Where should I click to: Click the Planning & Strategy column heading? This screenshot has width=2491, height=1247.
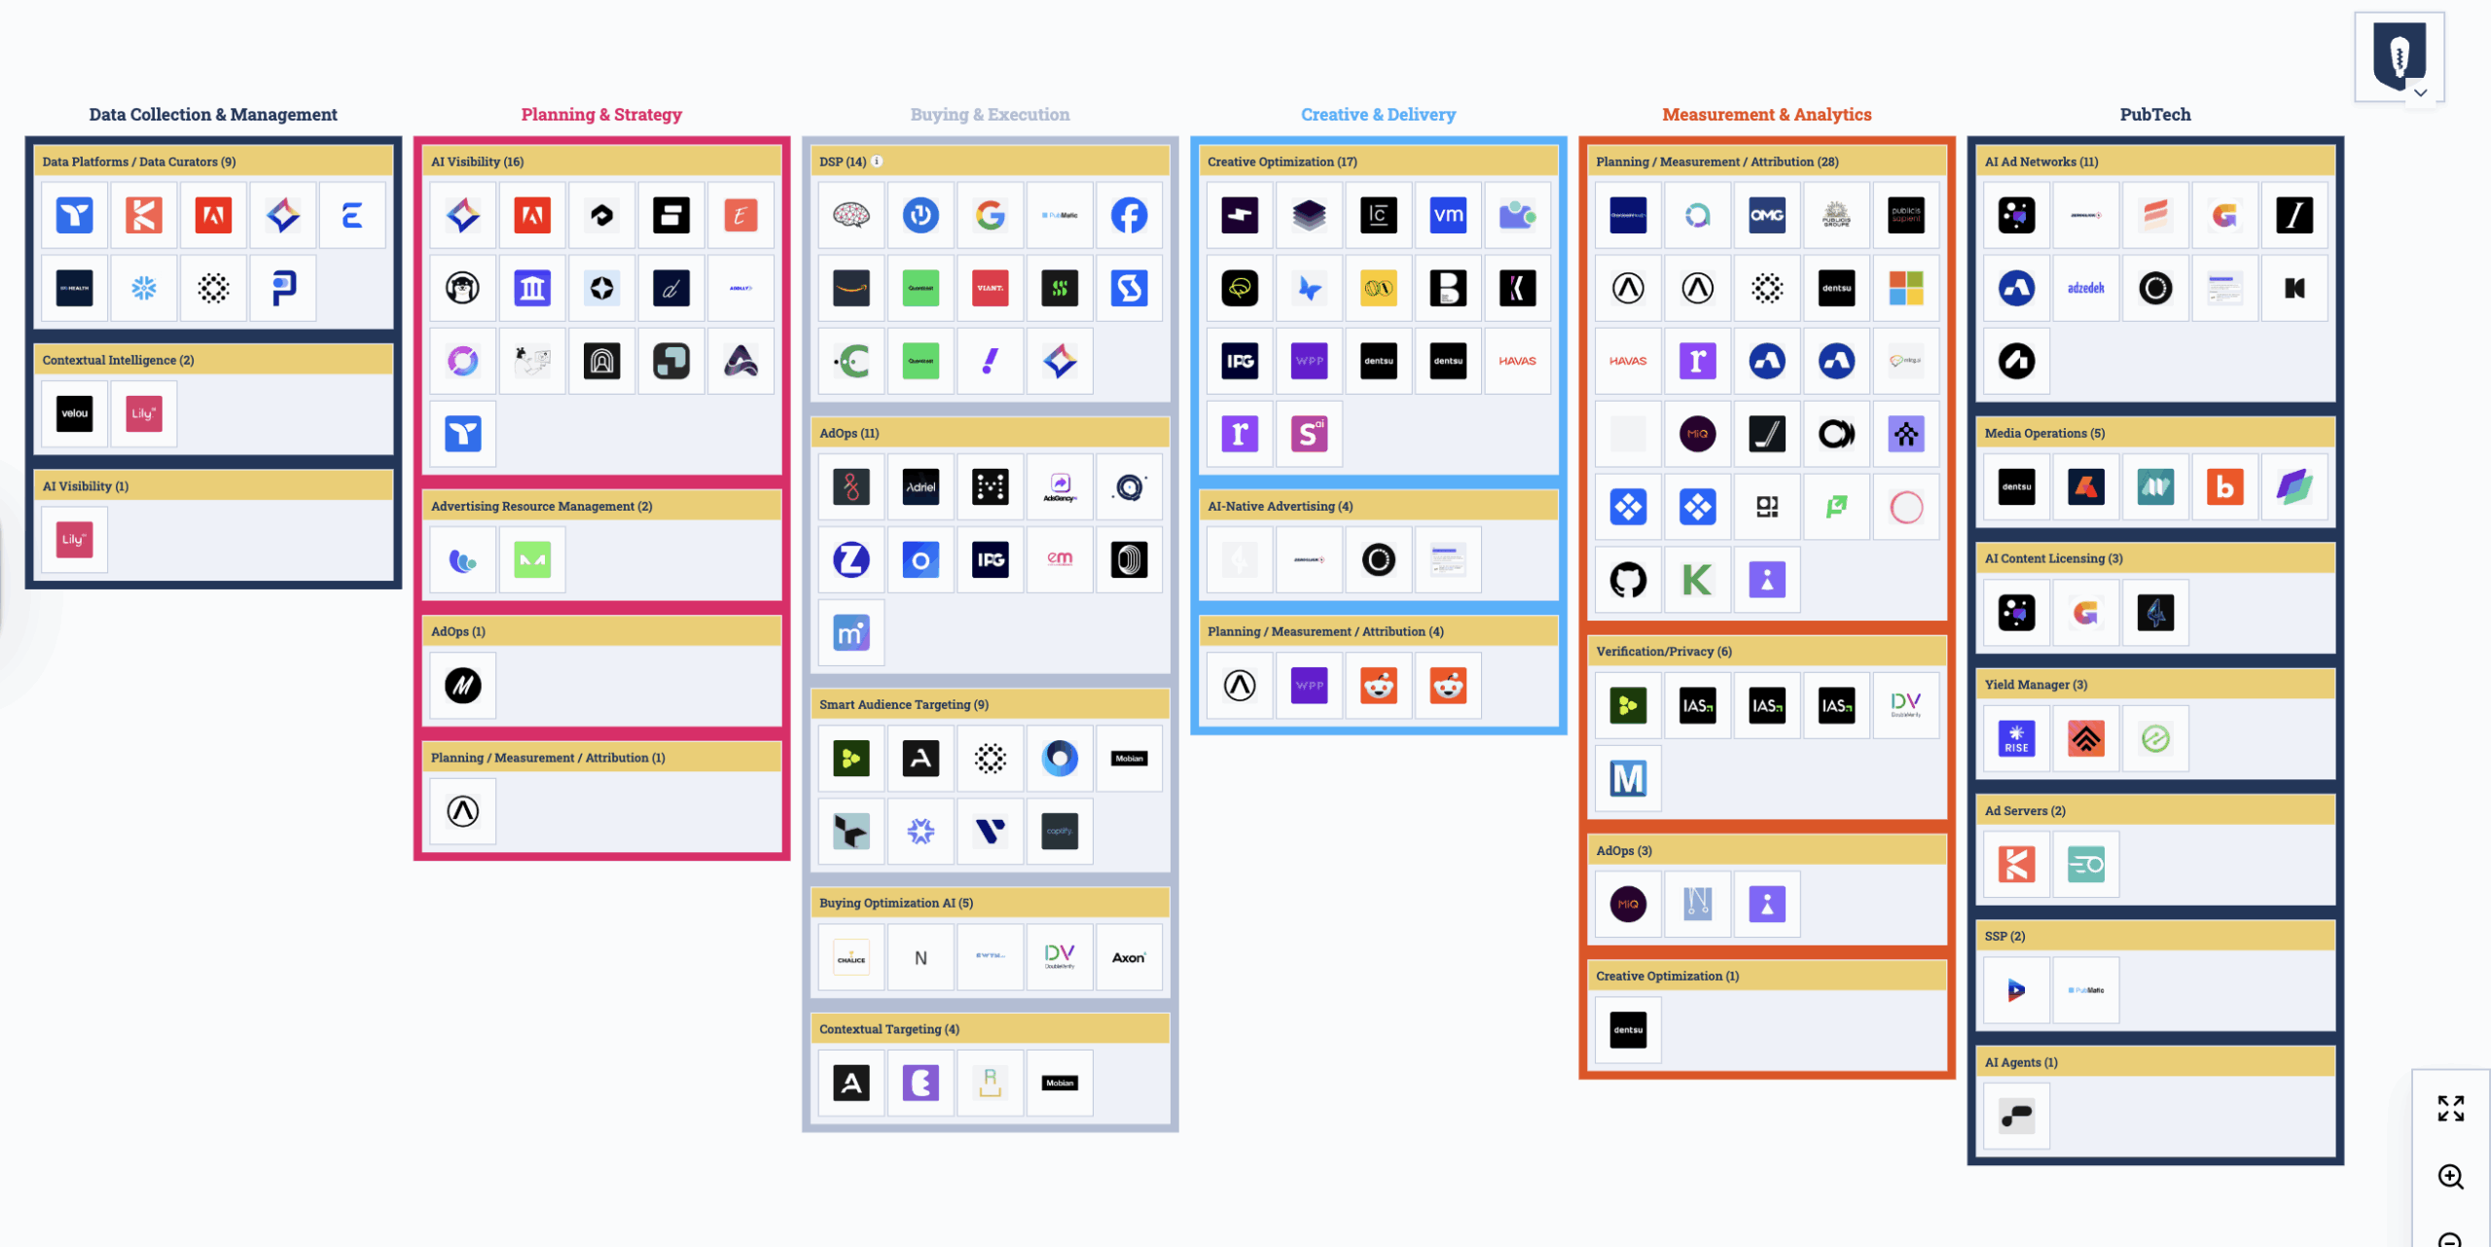[x=601, y=115]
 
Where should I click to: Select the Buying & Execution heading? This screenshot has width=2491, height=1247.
[x=990, y=115]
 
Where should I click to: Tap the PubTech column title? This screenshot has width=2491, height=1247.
[x=2155, y=115]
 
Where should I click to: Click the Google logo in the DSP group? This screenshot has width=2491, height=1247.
[x=990, y=215]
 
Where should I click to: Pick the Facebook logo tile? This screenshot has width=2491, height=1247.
[x=1129, y=215]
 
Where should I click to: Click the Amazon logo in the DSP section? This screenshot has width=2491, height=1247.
[x=850, y=288]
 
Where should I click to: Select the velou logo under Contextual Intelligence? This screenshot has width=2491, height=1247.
[x=75, y=413]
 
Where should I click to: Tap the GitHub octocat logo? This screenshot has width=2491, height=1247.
[x=1628, y=580]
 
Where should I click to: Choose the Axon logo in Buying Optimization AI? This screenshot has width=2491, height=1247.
[x=1129, y=957]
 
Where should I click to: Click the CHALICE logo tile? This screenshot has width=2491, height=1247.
[x=850, y=957]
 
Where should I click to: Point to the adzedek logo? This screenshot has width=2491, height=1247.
[x=2085, y=288]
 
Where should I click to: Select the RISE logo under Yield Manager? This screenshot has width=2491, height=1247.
[x=2016, y=738]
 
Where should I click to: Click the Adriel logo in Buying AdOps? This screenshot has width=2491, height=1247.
[x=921, y=486]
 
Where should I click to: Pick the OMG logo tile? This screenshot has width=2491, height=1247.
[x=1767, y=215]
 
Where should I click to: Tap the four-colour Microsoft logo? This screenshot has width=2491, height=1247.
[x=1906, y=288]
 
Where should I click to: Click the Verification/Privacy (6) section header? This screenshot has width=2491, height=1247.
[x=1664, y=652]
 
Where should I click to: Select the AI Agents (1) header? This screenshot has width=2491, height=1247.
[x=2021, y=1062]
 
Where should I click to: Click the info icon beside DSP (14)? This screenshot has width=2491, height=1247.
[x=877, y=161]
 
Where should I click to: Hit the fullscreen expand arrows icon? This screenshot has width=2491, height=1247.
[x=2450, y=1108]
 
